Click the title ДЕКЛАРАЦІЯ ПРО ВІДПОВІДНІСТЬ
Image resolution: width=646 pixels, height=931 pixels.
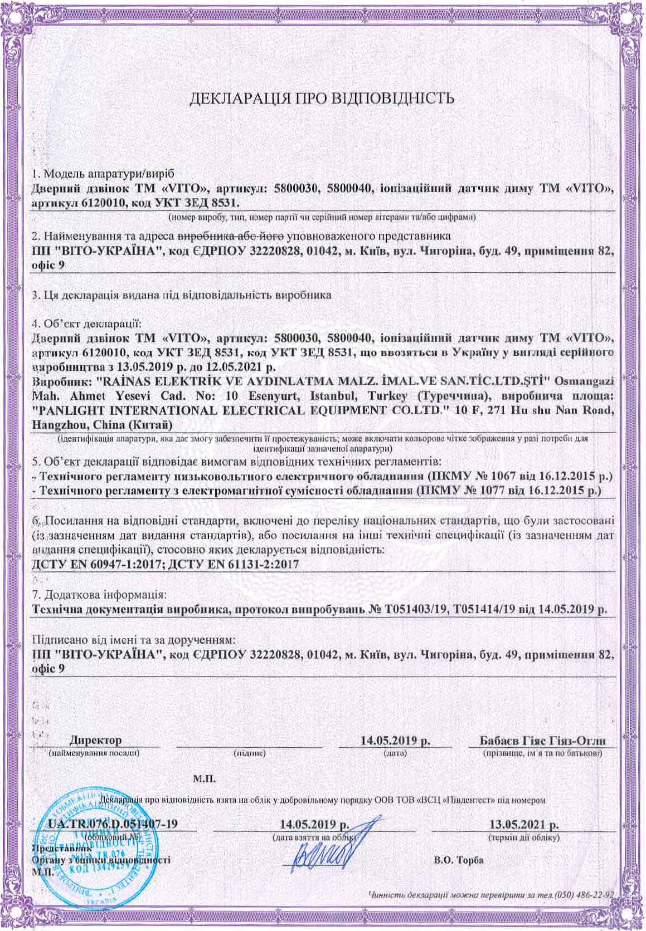pos(323,100)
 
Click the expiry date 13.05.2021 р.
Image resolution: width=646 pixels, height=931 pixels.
pos(524,824)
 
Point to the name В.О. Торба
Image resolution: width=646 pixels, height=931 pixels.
pos(459,860)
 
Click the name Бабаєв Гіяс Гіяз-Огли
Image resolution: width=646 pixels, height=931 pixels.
pos(543,741)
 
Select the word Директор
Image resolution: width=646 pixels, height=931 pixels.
pos(95,741)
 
